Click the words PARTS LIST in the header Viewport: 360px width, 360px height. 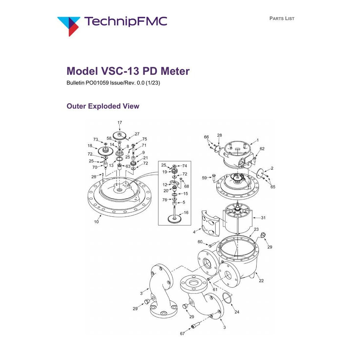(x=282, y=18)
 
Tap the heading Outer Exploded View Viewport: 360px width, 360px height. (x=103, y=106)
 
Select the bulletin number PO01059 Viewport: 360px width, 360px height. (x=97, y=83)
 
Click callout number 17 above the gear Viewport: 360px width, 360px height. (x=120, y=122)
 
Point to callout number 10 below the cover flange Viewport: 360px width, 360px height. (x=96, y=222)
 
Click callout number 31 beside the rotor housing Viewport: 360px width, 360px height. (x=263, y=218)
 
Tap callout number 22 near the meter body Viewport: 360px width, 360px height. (x=261, y=281)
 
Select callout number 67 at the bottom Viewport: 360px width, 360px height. (x=182, y=333)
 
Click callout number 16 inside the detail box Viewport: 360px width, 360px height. (x=186, y=213)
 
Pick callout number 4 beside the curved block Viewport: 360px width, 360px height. (x=194, y=232)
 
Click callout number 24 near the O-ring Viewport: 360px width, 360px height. (x=237, y=312)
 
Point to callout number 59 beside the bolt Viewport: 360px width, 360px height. (x=204, y=178)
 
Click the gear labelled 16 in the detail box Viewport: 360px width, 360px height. (x=175, y=219)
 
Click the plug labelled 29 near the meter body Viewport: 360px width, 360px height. (x=263, y=235)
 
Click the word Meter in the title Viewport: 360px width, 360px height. (x=175, y=71)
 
